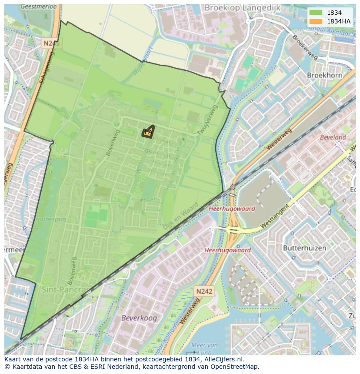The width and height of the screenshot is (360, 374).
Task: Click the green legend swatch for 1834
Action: pyautogui.click(x=316, y=13)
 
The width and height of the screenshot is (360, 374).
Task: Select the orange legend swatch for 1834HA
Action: pyautogui.click(x=316, y=21)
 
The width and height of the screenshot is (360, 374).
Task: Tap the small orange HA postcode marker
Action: pyautogui.click(x=148, y=132)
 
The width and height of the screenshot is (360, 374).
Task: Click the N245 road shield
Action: pyautogui.click(x=52, y=43)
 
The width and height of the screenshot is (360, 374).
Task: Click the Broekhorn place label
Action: pyautogui.click(x=324, y=75)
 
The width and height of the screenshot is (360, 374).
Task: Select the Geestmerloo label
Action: pyautogui.click(x=39, y=7)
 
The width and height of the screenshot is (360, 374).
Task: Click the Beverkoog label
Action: pyautogui.click(x=139, y=318)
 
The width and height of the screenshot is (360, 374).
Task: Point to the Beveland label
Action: pyautogui.click(x=333, y=137)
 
